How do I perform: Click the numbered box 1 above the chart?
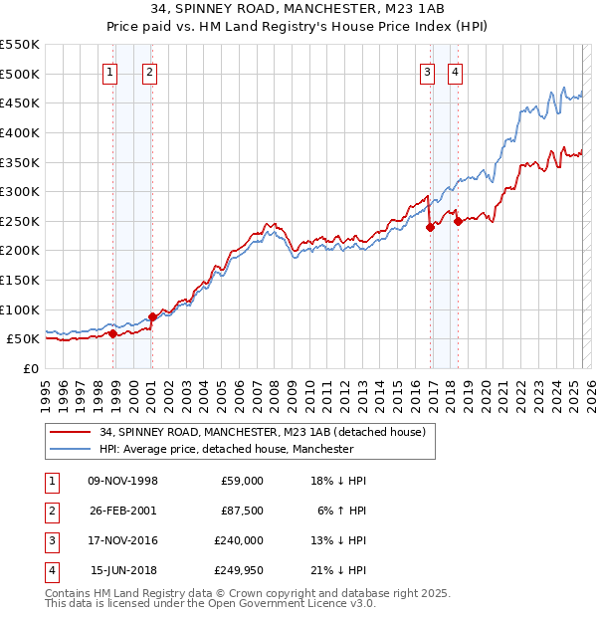click(109, 71)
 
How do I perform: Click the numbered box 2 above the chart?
click(149, 71)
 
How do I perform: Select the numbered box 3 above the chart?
click(427, 71)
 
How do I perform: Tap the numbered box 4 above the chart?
click(455, 71)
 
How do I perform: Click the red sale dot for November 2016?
click(431, 227)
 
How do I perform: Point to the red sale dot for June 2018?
click(459, 222)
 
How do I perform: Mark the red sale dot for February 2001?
click(152, 316)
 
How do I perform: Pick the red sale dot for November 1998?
click(112, 333)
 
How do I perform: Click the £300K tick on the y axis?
click(21, 191)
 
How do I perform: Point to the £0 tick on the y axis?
click(31, 368)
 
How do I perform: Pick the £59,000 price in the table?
click(242, 480)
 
